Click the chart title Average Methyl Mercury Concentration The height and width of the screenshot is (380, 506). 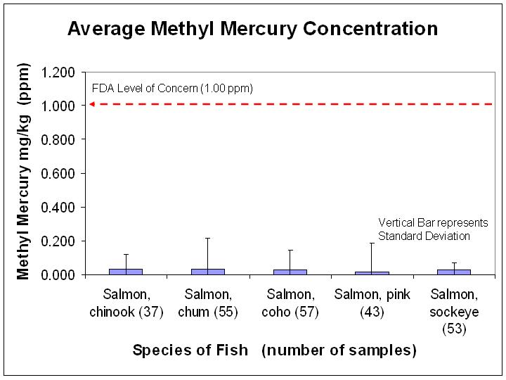(252, 29)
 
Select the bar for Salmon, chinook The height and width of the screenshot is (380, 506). (126, 271)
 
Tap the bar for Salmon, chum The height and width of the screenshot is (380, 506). (208, 271)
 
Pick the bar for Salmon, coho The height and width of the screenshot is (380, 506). (290, 272)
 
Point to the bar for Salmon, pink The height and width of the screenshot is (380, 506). (372, 272)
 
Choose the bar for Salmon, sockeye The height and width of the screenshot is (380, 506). (453, 272)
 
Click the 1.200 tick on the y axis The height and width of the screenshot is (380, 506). (59, 72)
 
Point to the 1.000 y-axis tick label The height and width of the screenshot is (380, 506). (59, 106)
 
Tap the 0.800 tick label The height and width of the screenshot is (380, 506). (59, 140)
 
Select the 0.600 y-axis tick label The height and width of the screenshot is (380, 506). (59, 174)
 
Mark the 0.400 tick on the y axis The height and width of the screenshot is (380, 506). (59, 208)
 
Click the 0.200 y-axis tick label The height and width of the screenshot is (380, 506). (59, 241)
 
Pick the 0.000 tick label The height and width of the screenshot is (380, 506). (59, 275)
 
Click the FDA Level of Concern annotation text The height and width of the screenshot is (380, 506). (172, 89)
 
